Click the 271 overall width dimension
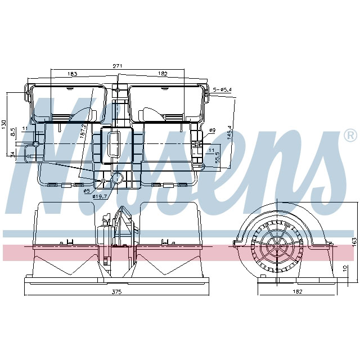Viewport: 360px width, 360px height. coord(117,66)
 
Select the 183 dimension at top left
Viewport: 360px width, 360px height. coord(72,74)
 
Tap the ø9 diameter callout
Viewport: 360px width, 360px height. coord(212,131)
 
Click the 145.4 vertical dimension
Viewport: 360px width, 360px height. coord(229,133)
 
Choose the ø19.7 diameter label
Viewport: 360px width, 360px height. coord(101,196)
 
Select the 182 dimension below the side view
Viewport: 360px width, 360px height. coord(298,291)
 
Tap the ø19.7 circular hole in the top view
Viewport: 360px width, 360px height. coord(118,179)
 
